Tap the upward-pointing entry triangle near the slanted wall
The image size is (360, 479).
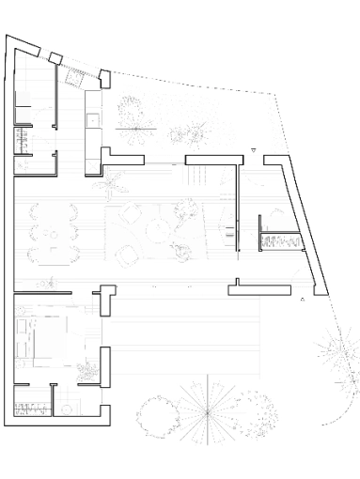[301, 300]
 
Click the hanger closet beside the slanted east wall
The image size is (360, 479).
[280, 241]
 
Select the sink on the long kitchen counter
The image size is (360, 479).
[91, 120]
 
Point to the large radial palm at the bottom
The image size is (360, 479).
[203, 409]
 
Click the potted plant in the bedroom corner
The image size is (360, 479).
[88, 373]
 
